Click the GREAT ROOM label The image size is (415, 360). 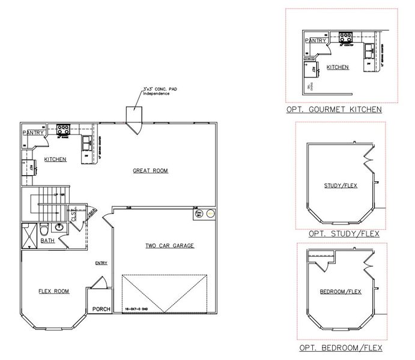coord(150,171)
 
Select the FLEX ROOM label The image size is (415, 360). coord(53,292)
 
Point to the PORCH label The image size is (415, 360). coord(101,310)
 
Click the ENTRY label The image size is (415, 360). coord(100,263)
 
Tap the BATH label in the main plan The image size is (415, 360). coord(47,241)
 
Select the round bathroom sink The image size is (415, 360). coord(59,228)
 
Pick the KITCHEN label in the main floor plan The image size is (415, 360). coord(55,159)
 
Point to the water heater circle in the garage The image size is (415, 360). coord(210,213)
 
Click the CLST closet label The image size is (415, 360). coord(74,217)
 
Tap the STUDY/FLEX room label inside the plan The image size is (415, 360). coord(340,185)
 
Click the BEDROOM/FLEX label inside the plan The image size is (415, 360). coord(340,292)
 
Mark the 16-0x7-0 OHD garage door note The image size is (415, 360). coord(137,309)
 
